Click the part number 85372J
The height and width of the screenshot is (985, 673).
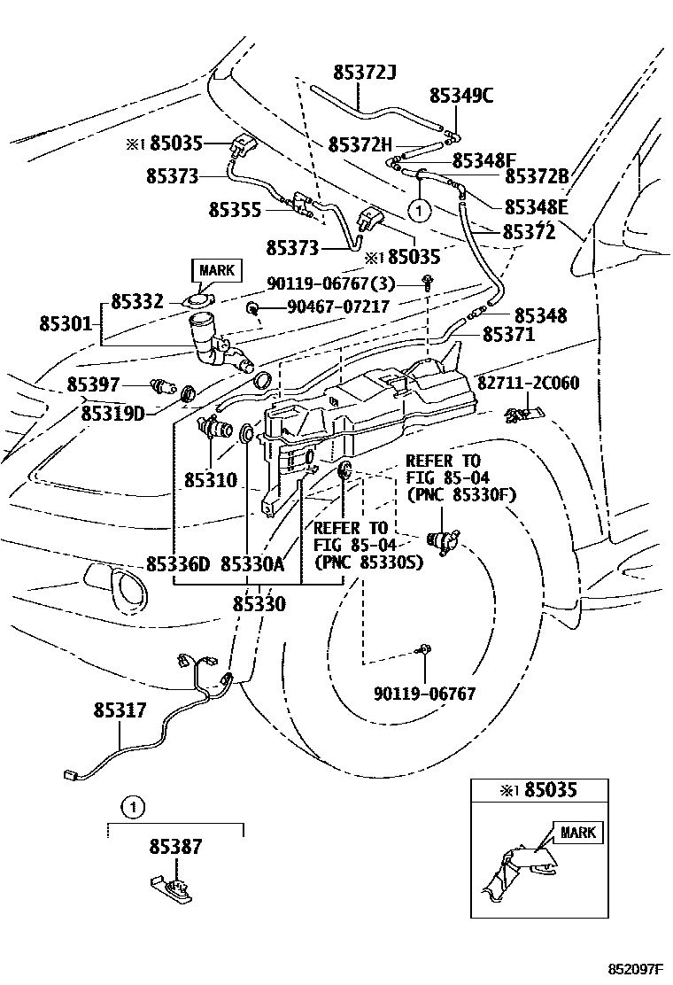pos(365,73)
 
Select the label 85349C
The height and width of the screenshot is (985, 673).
pos(461,96)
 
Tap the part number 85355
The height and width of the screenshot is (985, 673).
pos(235,210)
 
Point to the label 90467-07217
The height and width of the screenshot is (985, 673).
pos(338,306)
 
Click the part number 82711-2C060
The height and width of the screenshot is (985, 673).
pos(529,383)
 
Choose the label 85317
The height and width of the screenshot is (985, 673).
pos(120,710)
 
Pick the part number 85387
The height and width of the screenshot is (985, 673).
pos(176,847)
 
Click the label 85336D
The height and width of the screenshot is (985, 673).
pos(178,564)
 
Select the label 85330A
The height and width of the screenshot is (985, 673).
pos(252,564)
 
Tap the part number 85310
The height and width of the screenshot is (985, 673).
pos(211,481)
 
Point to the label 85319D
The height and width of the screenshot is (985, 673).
pos(113,414)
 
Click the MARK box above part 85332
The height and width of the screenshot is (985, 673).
pos(217,271)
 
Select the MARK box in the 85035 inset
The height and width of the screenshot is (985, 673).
pos(577,833)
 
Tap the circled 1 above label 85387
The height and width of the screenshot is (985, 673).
pos(133,807)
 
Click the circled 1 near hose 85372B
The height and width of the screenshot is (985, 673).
pos(420,211)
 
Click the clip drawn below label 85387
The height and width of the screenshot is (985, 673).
pos(172,888)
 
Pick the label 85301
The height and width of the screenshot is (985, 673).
pos(66,323)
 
